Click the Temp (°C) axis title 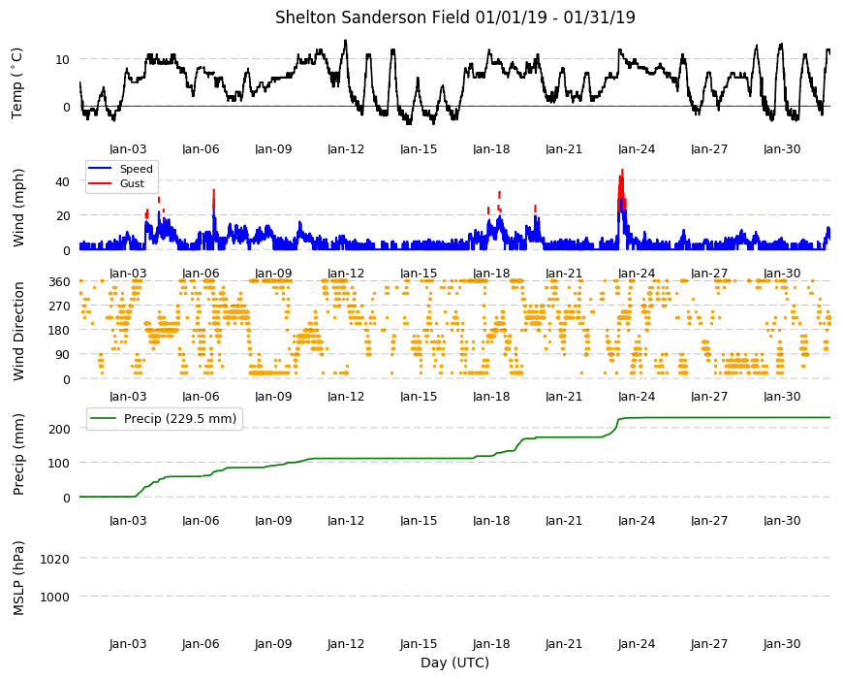tap(17, 82)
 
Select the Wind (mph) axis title tap(18, 208)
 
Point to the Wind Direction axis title tap(18, 331)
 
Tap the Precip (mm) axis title tap(18, 454)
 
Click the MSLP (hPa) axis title tap(18, 577)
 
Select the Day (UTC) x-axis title tap(454, 663)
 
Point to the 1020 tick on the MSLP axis tap(54, 559)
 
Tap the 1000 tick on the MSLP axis tap(54, 597)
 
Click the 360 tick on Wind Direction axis tap(59, 281)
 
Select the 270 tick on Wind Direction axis tap(59, 307)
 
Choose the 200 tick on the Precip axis tap(59, 429)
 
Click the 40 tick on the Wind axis tap(62, 181)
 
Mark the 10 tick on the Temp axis tap(62, 59)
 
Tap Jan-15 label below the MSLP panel tap(419, 643)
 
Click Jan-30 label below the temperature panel tap(782, 149)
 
